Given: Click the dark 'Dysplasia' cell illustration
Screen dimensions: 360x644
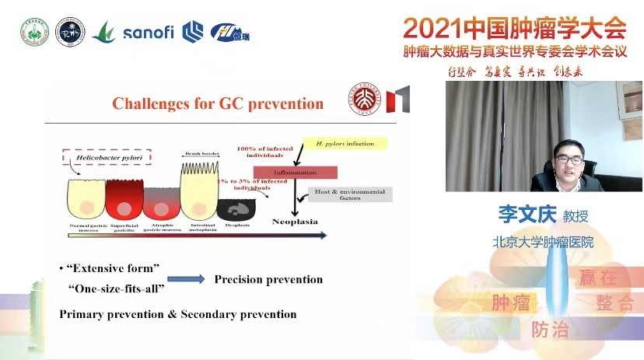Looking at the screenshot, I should tap(233, 208).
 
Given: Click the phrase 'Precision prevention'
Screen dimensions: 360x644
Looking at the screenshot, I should tap(268, 279).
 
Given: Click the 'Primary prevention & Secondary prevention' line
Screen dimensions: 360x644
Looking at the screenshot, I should tap(178, 314).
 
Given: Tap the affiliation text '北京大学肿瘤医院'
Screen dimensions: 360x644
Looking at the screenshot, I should tap(543, 242).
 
